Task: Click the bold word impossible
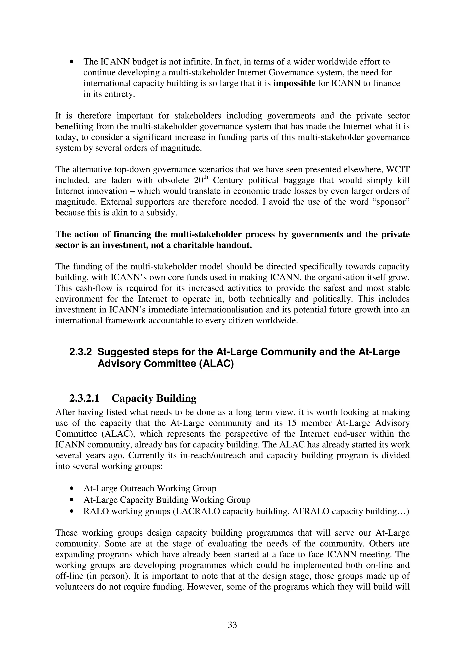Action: coord(294,83)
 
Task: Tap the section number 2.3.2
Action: coord(81,352)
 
